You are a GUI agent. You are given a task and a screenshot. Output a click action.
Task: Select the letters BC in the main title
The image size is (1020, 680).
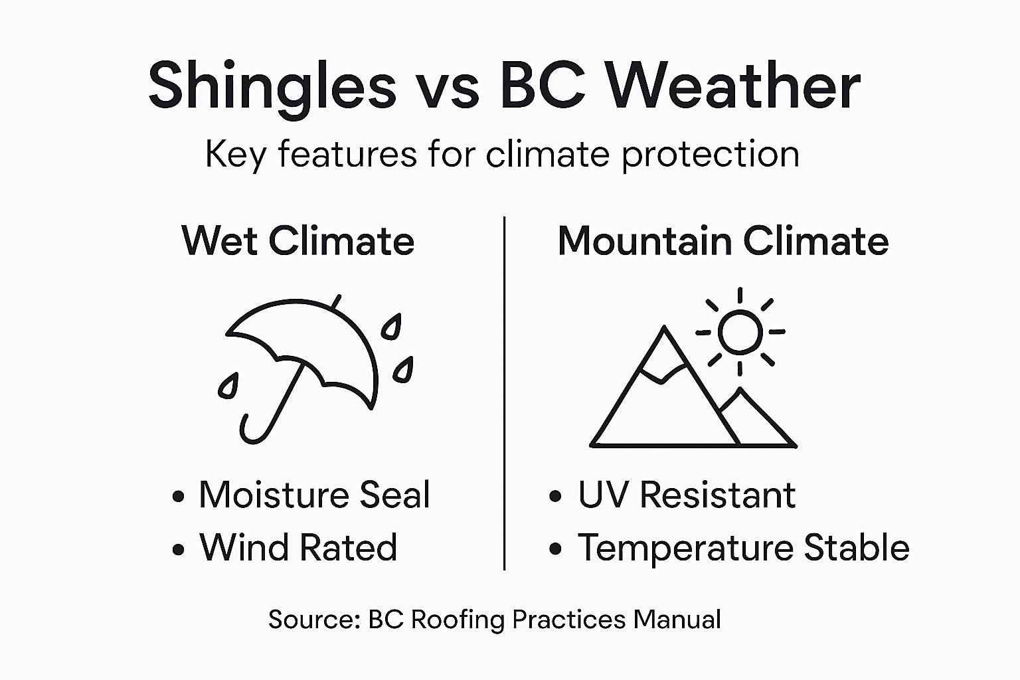coord(543,86)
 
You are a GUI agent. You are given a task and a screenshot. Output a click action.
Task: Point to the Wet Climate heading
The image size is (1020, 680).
coord(297,240)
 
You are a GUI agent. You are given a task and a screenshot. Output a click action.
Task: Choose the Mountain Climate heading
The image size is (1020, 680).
coord(722,240)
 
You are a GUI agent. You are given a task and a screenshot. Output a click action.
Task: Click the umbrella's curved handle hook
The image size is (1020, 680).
coord(250,432)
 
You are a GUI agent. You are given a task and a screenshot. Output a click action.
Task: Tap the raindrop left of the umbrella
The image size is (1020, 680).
coord(228,386)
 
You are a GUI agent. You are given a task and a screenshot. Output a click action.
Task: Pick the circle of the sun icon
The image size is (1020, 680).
coord(740,331)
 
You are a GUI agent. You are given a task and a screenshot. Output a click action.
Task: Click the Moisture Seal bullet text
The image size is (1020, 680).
coord(314,495)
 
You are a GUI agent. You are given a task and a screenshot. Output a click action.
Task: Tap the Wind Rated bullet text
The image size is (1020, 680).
coord(298,548)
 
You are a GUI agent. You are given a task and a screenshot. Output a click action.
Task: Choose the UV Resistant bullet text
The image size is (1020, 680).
coord(687,495)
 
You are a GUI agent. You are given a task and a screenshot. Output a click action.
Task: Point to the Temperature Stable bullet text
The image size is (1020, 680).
coord(743,548)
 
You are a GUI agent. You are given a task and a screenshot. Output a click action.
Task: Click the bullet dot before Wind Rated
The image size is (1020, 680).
coord(177,549)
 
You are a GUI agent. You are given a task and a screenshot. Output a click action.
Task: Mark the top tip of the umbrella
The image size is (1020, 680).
coord(337,301)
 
